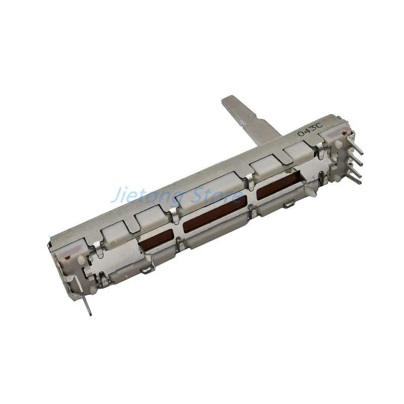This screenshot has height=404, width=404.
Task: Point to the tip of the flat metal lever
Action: (x=228, y=100)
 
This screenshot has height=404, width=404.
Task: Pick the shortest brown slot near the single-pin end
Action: (x=156, y=239)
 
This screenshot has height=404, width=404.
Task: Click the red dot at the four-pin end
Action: (x=343, y=133)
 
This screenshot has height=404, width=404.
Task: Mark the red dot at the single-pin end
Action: (x=67, y=257)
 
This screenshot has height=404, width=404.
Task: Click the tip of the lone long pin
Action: (x=90, y=315)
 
